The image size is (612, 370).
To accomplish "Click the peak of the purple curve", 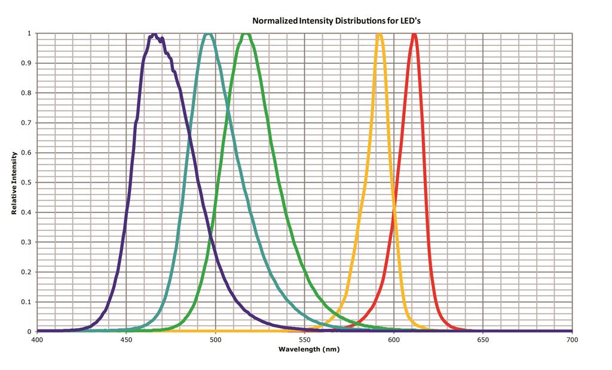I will pyautogui.click(x=154, y=35).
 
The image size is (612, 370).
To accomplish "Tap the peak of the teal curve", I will pyautogui.click(x=207, y=35).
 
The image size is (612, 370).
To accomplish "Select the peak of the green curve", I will pyautogui.click(x=246, y=35).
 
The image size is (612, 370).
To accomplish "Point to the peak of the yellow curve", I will pyautogui.click(x=379, y=35).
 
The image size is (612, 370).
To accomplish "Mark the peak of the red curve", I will pyautogui.click(x=414, y=35).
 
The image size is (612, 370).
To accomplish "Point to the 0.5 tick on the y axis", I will pyautogui.click(x=28, y=183).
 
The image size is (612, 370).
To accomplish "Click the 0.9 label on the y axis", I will pyautogui.click(x=28, y=63).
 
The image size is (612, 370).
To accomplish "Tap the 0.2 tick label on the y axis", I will pyautogui.click(x=28, y=272).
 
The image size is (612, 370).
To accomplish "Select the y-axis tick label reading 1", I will pyautogui.click(x=30, y=33).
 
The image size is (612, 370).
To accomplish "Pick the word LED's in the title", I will pyautogui.click(x=412, y=20).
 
